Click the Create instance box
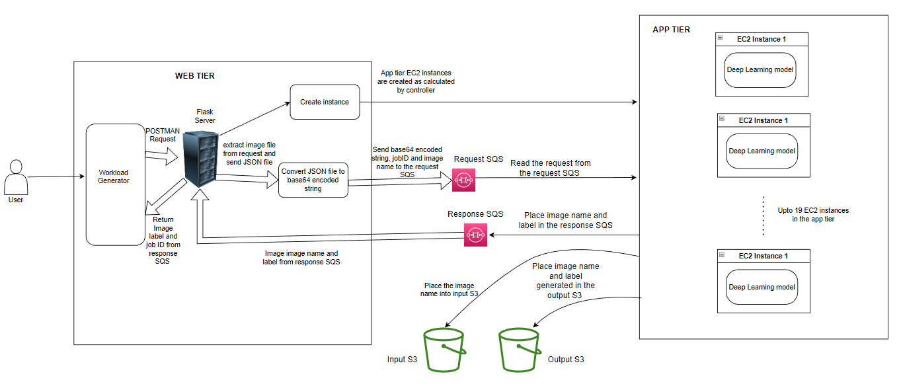(325, 102)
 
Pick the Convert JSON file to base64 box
(313, 180)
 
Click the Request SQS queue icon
(463, 180)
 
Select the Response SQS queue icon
(475, 235)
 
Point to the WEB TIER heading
(194, 76)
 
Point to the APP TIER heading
(671, 30)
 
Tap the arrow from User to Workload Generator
(56, 176)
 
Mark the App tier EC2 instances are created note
(416, 81)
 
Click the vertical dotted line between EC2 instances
(763, 215)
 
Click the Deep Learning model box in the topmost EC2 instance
(760, 70)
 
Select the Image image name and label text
(301, 258)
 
